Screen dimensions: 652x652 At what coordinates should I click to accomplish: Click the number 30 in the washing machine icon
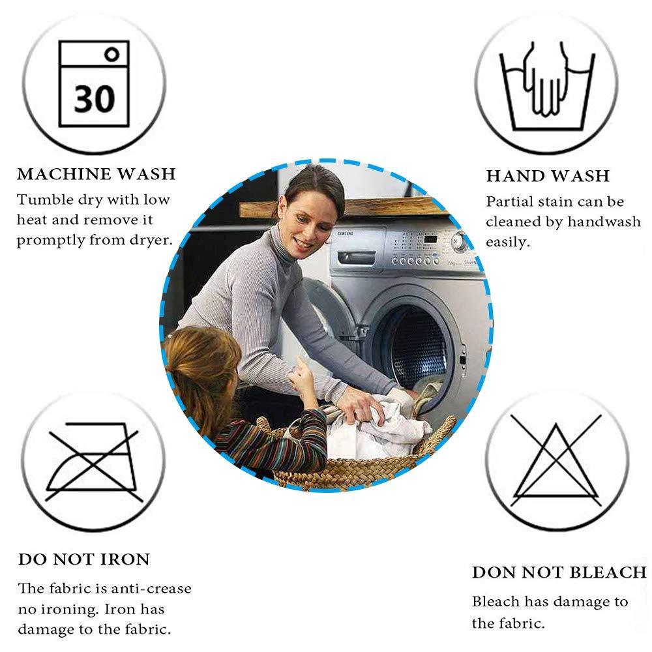click(x=94, y=98)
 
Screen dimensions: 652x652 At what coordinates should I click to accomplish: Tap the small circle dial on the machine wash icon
click(x=112, y=54)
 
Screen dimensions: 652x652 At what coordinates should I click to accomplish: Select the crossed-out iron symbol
click(x=93, y=462)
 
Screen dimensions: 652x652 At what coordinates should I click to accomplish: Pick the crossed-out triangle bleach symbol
click(x=556, y=460)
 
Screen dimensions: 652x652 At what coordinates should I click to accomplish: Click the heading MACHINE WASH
click(x=96, y=174)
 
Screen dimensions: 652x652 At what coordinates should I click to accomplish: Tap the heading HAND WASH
click(x=548, y=176)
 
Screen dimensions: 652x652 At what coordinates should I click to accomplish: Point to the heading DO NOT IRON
click(x=84, y=559)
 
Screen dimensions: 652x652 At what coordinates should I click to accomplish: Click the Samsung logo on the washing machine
click(x=345, y=233)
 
